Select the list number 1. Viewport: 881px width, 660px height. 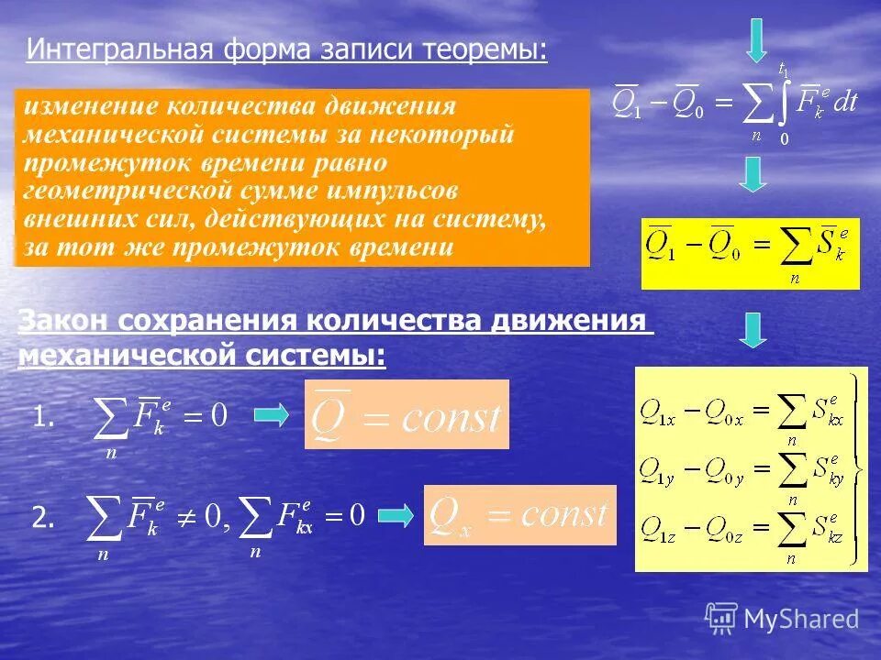click(44, 418)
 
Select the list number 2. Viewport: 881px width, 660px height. click(44, 519)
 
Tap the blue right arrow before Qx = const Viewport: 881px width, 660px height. click(396, 516)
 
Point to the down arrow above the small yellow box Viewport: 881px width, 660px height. click(753, 174)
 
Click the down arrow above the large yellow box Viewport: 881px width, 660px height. click(753, 330)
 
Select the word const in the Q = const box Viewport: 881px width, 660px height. click(450, 419)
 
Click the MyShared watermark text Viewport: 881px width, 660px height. click(801, 619)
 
